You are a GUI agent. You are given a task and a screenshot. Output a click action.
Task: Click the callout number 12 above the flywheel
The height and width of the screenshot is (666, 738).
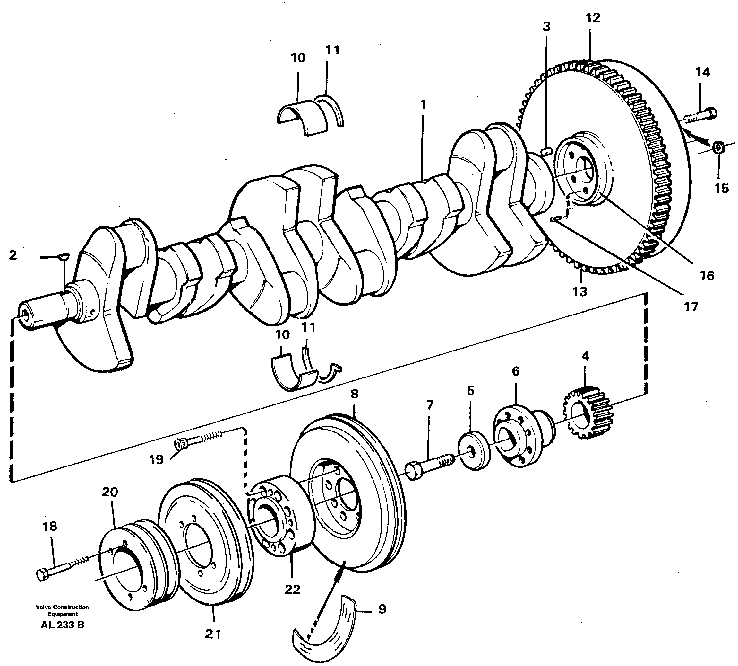593,18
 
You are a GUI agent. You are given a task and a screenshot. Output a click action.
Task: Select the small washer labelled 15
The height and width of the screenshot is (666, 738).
718,147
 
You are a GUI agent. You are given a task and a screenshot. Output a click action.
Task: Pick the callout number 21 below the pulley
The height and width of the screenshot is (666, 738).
213,634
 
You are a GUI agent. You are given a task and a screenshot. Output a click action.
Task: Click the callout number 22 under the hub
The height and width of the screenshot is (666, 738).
292,590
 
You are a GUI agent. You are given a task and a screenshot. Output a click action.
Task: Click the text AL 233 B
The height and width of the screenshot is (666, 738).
63,625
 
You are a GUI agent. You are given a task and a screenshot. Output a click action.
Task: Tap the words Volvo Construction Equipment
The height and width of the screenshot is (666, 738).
63,611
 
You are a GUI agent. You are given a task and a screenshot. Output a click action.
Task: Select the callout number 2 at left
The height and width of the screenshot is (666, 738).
13,255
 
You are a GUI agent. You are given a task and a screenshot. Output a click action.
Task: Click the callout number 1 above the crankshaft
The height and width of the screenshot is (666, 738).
423,105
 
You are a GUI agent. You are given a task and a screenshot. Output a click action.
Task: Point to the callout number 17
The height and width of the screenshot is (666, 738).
691,306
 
